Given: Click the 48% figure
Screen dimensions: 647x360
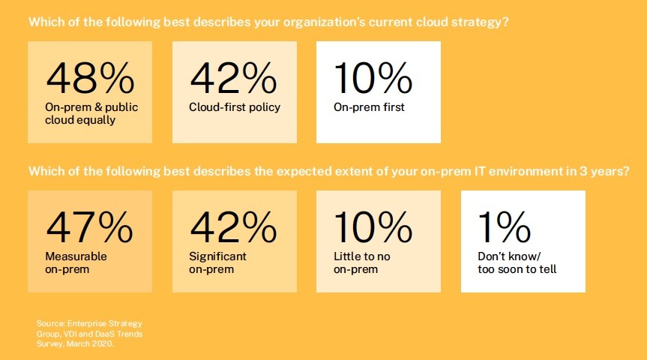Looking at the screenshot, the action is (91, 78).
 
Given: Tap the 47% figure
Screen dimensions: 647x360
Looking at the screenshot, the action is (89, 227).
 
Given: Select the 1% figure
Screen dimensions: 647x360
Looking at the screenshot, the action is (505, 227).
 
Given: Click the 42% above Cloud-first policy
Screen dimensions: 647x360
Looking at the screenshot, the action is (234, 78).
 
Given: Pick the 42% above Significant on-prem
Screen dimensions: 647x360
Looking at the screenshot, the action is (234, 227).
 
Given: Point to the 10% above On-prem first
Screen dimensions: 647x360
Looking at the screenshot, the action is (373, 78).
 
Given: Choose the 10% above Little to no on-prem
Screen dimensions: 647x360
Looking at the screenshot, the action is (373, 227).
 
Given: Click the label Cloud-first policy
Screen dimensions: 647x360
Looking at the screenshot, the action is (235, 107).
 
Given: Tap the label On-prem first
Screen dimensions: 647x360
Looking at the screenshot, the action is (370, 107).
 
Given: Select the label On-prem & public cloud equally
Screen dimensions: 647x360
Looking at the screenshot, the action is (91, 113).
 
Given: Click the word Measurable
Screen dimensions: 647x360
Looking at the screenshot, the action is (76, 256).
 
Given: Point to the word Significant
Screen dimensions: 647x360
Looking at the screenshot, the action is (218, 256).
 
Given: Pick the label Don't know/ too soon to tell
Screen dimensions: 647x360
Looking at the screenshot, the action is (517, 262).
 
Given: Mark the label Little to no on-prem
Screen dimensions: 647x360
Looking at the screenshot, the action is (362, 262).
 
